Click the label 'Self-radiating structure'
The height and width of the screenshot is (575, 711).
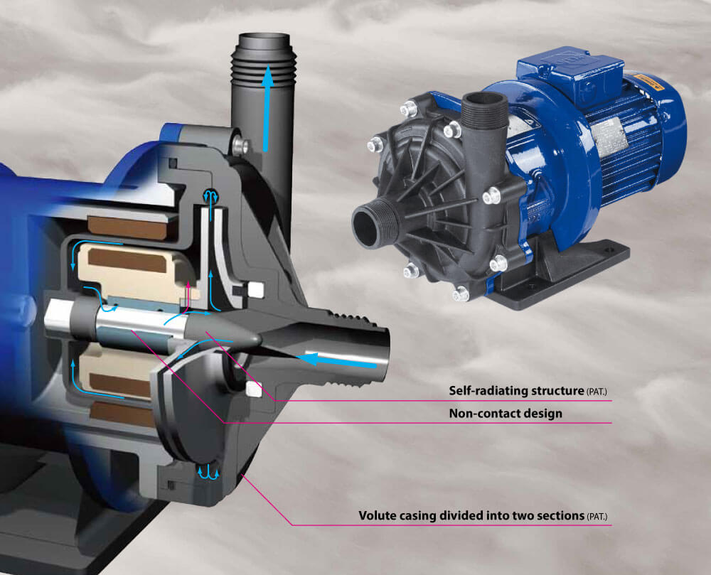tap(516, 391)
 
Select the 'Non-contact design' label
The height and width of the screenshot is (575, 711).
tap(506, 413)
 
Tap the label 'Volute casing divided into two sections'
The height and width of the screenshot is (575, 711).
tap(471, 515)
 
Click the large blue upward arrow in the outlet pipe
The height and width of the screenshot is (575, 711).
tap(267, 109)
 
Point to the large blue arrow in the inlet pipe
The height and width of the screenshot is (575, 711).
tap(337, 361)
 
